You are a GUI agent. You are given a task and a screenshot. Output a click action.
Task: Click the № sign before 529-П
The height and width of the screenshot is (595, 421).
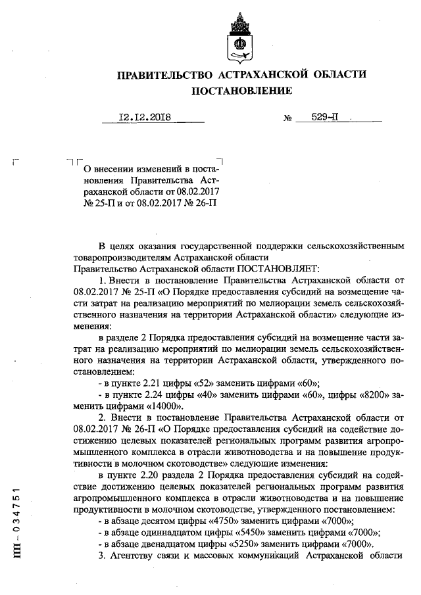pyautogui.click(x=287, y=120)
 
